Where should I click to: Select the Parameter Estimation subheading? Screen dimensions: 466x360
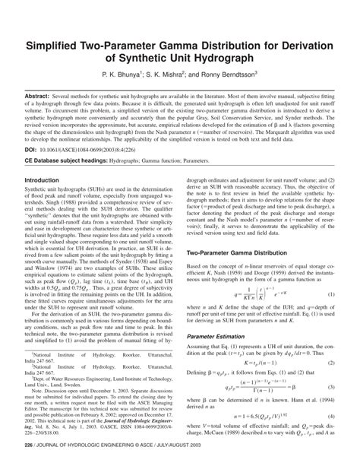click(x=219, y=332)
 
